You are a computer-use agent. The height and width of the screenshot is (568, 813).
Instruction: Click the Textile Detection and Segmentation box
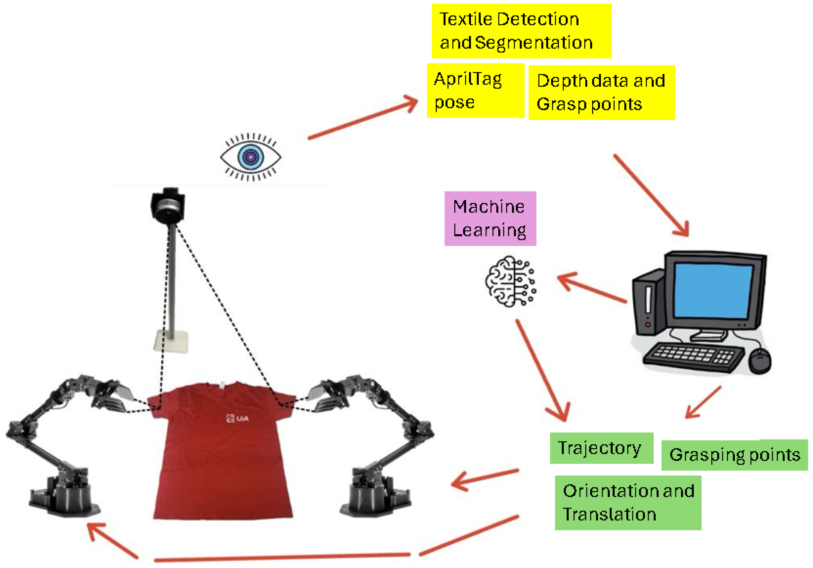point(521,31)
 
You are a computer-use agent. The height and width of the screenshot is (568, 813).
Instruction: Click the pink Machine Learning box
point(490,218)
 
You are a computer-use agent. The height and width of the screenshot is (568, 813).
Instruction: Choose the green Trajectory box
point(601,448)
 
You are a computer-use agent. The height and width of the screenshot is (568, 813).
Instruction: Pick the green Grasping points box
point(734,455)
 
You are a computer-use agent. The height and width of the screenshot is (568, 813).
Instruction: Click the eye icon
point(251,157)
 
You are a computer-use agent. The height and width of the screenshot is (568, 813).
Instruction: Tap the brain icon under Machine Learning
point(510,281)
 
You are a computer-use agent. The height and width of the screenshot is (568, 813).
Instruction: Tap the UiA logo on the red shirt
point(238,418)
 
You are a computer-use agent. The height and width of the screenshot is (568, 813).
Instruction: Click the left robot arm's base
point(64,495)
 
